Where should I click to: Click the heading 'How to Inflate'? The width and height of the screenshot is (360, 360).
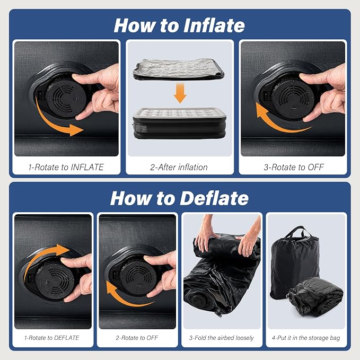pos(179,25)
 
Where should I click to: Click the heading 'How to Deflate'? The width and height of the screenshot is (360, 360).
pos(179,198)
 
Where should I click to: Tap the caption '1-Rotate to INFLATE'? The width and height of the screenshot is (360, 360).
pos(66,167)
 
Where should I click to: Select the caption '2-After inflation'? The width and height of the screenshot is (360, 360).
pos(179,167)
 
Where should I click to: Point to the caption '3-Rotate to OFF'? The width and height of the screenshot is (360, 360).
pos(294,167)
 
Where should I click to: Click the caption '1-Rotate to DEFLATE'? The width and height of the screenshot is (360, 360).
pos(51,338)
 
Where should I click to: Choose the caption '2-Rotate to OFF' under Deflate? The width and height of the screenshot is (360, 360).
pos(137,338)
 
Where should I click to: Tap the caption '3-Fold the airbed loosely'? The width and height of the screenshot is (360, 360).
pos(221,338)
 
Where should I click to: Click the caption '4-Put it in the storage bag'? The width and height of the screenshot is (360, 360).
pos(306,338)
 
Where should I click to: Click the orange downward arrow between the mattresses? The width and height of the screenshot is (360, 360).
pos(180,93)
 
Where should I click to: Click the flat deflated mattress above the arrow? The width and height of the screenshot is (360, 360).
pos(178,69)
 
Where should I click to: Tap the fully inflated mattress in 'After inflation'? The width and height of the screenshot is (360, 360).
pos(179,123)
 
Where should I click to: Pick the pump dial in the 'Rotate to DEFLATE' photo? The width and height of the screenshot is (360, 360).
pos(55,281)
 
